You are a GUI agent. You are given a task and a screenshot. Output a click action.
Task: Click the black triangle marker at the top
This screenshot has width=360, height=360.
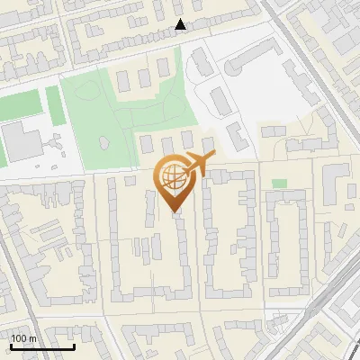coord(181,24)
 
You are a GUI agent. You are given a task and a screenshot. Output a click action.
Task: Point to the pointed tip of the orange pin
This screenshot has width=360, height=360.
coord(175,211)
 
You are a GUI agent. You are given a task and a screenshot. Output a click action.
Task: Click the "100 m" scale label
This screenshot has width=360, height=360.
coord(23,338)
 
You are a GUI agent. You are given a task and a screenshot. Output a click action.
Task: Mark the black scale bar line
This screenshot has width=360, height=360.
coord(41,346)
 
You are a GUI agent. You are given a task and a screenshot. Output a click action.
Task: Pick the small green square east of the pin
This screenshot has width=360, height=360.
coord(279,184)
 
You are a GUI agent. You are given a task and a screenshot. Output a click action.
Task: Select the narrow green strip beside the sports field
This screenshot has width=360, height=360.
coord(55,105)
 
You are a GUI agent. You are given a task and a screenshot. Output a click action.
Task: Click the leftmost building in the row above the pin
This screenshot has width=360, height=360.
coord(146,144)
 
